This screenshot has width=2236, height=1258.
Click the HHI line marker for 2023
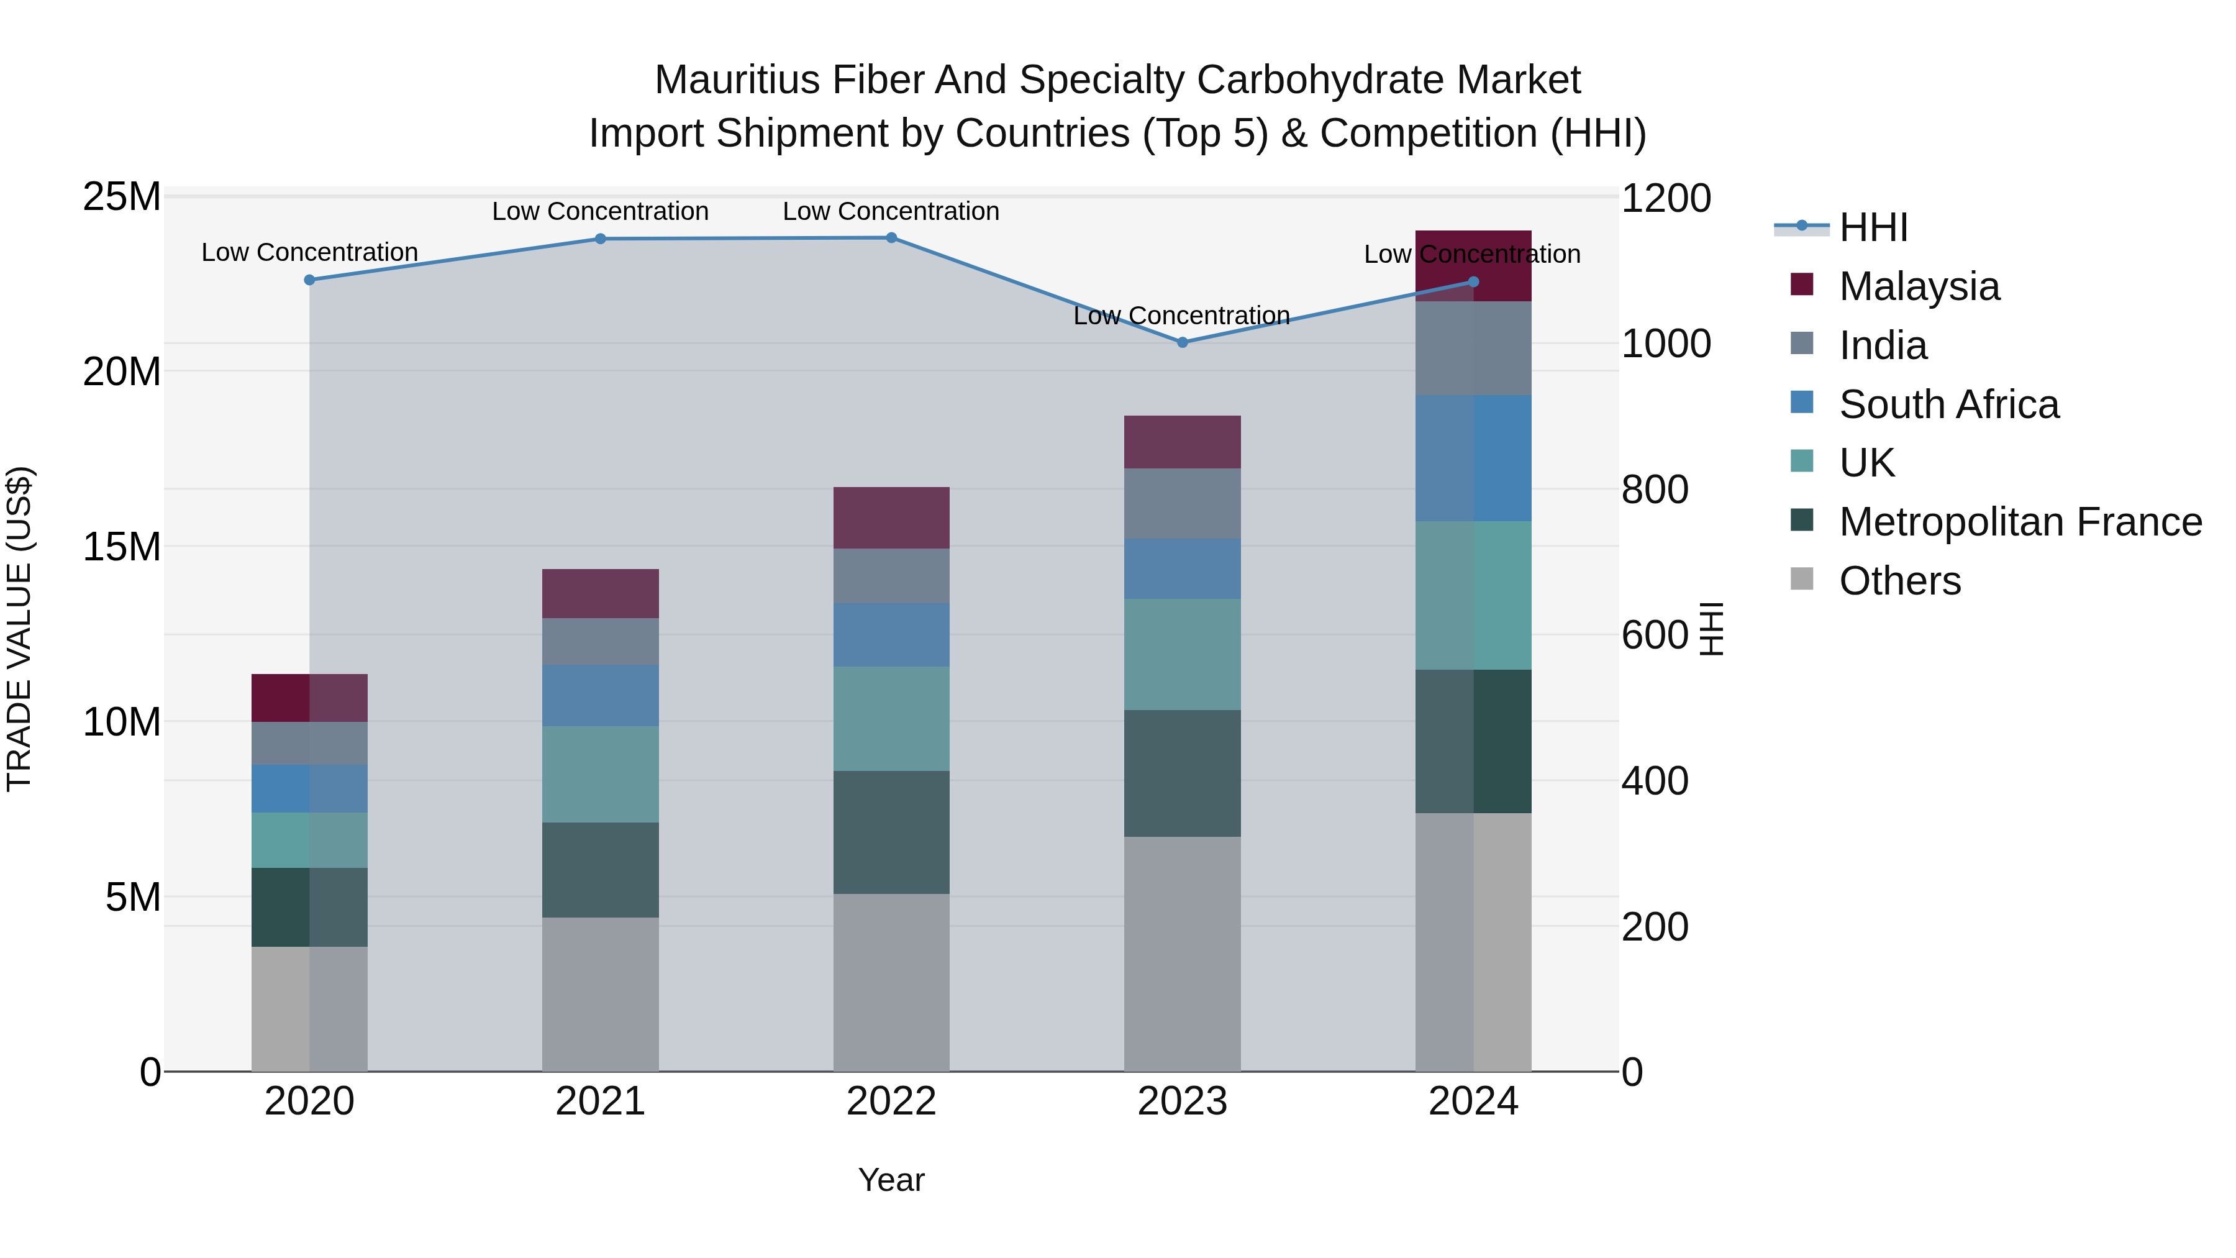(1182, 342)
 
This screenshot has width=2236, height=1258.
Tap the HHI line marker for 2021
(600, 239)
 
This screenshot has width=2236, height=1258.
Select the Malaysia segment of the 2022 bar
(891, 517)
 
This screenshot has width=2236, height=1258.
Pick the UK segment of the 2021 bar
(600, 775)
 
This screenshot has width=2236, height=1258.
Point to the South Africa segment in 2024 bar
(1473, 458)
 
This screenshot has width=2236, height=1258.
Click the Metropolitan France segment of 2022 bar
(891, 832)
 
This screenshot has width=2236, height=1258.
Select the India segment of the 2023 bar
(1182, 504)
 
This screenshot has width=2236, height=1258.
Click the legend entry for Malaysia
(1919, 286)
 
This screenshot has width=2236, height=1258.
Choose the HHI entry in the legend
(1873, 227)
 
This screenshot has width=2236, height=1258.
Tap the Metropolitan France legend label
(2020, 522)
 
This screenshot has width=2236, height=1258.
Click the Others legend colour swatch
(1802, 579)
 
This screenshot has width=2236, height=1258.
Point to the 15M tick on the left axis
(122, 547)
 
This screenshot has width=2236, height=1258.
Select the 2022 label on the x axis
(891, 1101)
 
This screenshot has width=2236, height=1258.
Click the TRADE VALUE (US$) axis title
(19, 629)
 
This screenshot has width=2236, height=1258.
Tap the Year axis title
(891, 1180)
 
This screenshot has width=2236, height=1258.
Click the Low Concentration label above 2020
(310, 253)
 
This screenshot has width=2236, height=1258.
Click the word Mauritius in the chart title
(736, 80)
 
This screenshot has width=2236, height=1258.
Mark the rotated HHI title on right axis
(1711, 629)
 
